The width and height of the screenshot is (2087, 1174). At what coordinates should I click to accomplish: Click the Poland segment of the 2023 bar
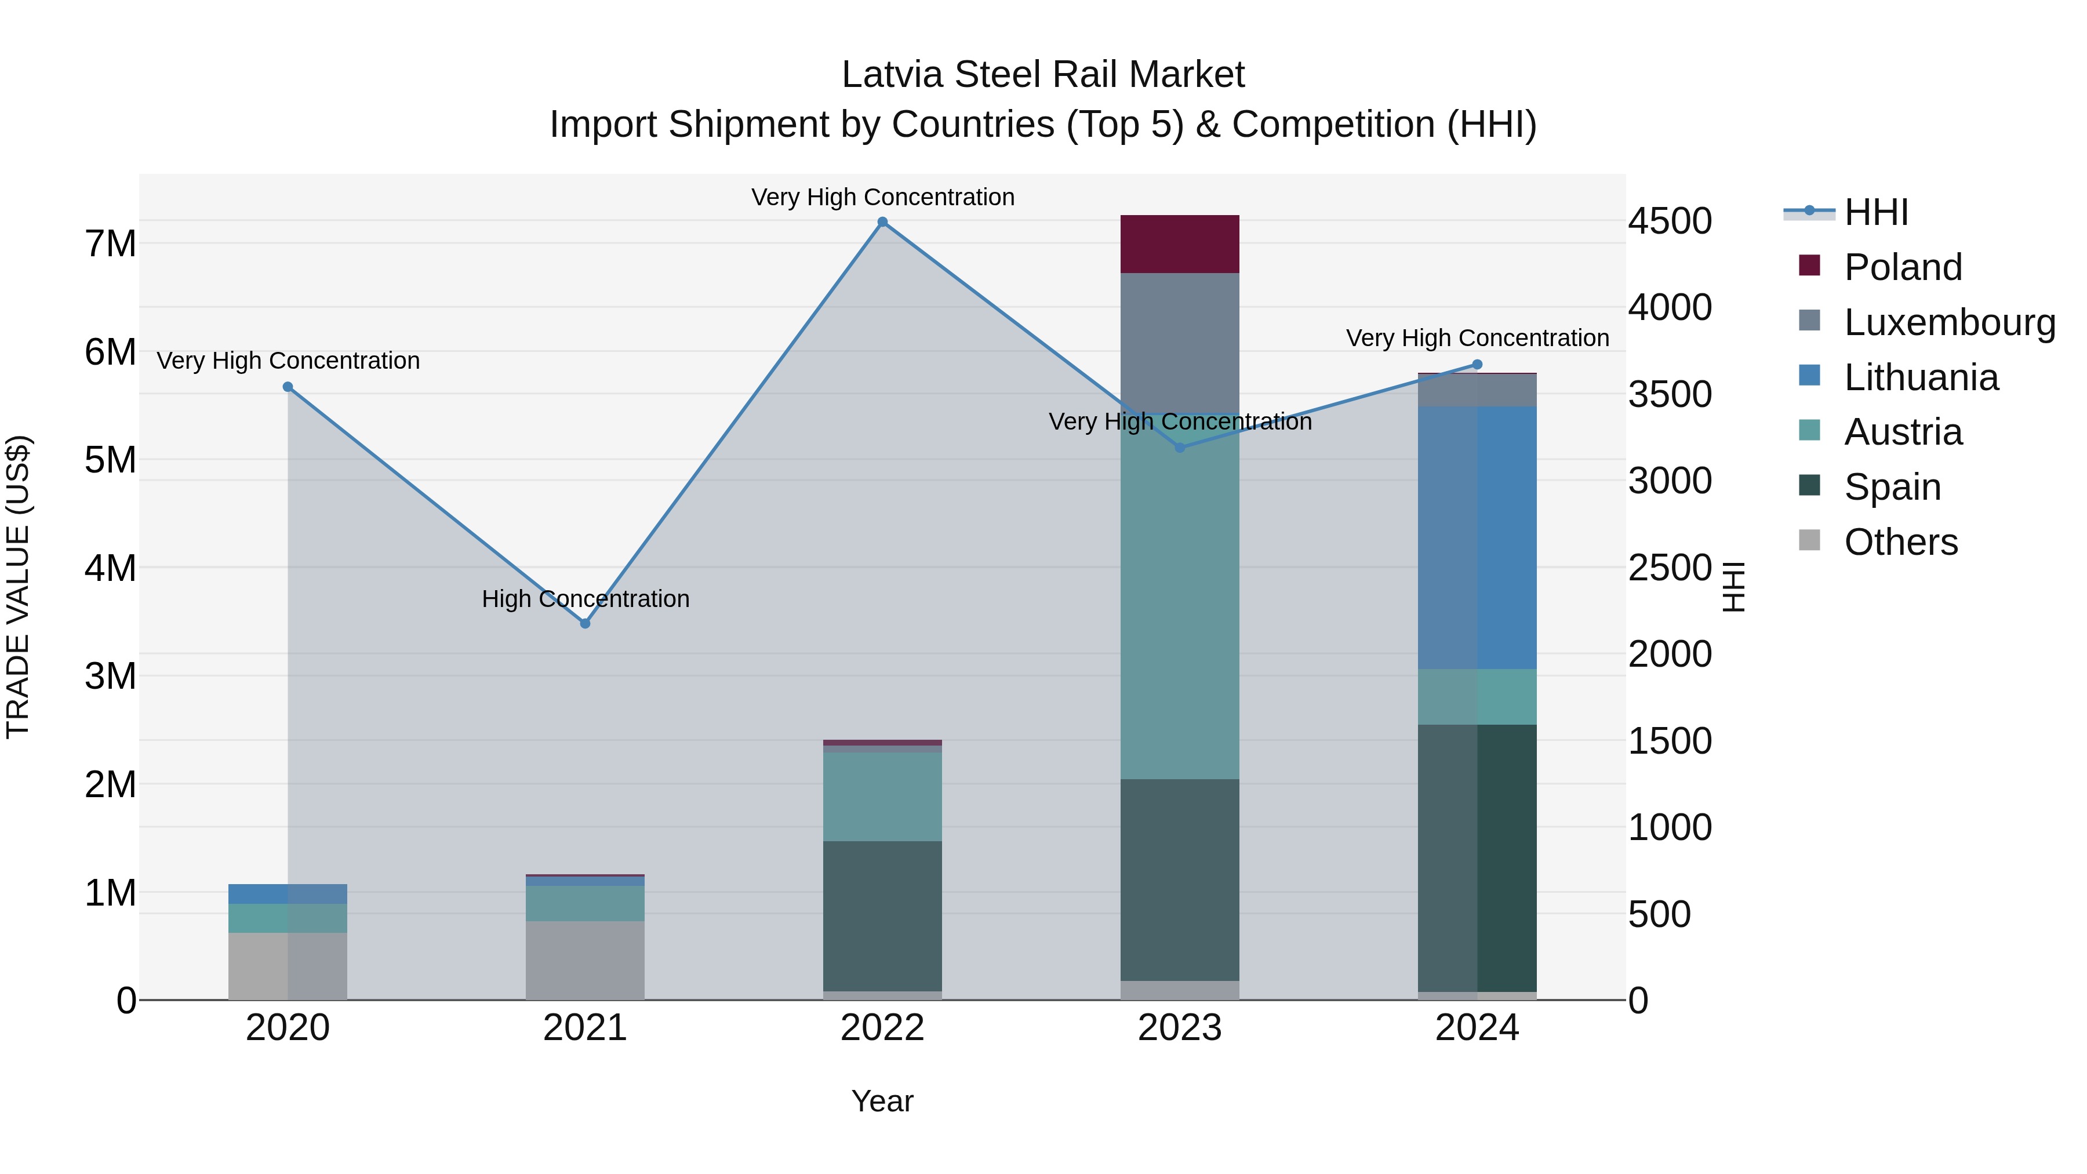pos(1180,244)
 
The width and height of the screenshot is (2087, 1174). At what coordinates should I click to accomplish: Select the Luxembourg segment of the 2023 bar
pos(1180,340)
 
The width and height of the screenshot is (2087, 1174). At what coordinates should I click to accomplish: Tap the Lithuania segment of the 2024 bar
pos(1477,537)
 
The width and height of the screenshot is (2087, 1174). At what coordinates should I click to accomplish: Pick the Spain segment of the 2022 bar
pos(882,915)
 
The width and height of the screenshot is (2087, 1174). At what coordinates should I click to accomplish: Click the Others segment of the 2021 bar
pos(585,960)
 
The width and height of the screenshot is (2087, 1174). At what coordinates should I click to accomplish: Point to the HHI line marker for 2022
pos(882,222)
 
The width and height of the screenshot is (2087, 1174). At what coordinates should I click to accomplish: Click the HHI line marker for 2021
pos(585,623)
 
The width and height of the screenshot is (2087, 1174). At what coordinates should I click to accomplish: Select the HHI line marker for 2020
pos(288,387)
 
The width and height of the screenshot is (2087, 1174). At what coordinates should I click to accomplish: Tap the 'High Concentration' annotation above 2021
pos(585,599)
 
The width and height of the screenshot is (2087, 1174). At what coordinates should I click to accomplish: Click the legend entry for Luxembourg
pos(1948,322)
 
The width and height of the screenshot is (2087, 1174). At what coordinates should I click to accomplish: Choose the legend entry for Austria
pos(1902,432)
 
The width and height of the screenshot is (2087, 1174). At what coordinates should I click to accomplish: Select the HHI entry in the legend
pos(1875,212)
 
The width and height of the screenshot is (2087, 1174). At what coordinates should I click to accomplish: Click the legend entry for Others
pos(1900,542)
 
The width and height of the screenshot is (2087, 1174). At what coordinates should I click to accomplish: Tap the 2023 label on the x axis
pos(1180,1028)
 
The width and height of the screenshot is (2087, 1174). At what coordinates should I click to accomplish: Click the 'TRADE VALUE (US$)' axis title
pos(18,587)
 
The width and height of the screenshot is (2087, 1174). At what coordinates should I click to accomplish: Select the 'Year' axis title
pos(882,1101)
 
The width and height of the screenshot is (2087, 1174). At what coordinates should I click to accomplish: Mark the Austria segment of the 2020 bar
pos(288,918)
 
